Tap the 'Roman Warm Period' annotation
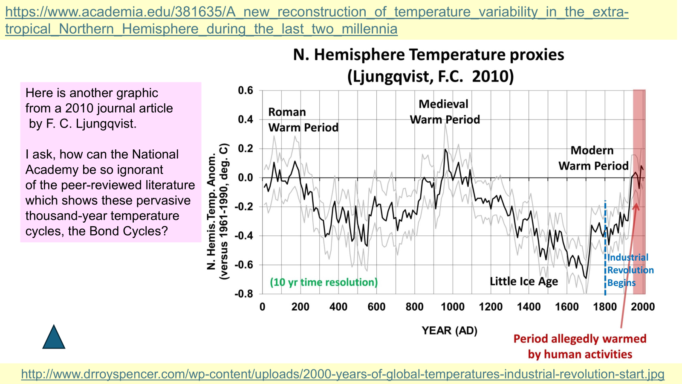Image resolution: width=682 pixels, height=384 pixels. (303, 120)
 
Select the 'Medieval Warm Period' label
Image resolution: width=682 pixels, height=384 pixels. (445, 112)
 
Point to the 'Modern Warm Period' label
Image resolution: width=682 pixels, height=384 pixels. (593, 158)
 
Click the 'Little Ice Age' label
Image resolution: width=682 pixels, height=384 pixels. (523, 281)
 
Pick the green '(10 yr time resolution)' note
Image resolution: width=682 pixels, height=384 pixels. (324, 282)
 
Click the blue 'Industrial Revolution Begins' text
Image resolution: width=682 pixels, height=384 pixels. (630, 270)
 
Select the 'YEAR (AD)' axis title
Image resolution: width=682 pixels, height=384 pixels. (449, 331)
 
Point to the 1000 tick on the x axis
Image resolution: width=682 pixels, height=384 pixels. (452, 307)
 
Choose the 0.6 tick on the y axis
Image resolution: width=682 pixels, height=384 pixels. (245, 90)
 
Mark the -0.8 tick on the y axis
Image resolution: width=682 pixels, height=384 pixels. (244, 294)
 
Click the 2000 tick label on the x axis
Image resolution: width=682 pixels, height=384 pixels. (642, 307)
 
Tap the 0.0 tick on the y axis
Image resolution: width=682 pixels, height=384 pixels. (245, 177)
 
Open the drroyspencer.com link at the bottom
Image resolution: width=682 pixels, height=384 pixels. (342, 374)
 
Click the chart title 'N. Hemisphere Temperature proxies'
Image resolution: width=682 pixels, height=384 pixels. (428, 55)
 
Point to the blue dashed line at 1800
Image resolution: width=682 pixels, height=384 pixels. (605, 247)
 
